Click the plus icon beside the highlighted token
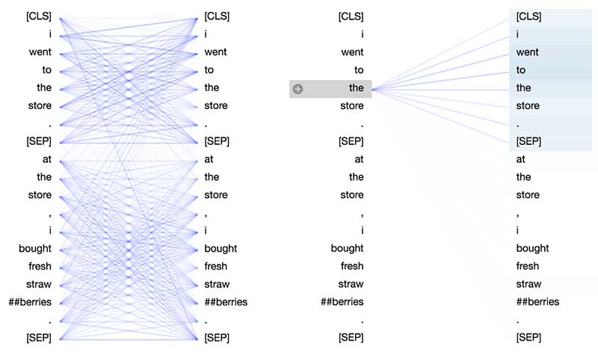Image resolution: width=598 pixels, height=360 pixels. pos(298,89)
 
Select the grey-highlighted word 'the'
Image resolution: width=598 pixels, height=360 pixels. pos(356,88)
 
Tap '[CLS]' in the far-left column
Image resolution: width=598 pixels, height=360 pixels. pos(38,16)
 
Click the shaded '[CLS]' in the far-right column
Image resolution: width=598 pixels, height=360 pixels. pos(528,16)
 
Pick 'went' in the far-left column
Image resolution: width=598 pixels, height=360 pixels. pos(40,52)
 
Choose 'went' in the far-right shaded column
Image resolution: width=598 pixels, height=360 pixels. pos(527,52)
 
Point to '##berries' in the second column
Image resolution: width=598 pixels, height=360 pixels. pos(226,302)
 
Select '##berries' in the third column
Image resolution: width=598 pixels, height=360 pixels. pos(342,302)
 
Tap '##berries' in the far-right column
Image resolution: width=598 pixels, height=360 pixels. pos(537,302)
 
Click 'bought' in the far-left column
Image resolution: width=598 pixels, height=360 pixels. pos(36,249)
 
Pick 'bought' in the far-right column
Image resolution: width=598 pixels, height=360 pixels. pos(532,249)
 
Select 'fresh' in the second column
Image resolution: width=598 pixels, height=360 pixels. pos(216,267)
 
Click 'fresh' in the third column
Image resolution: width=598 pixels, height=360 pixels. pos(352,267)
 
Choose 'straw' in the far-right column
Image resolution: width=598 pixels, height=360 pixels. pos(528,285)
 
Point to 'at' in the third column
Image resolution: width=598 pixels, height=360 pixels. pos(359,159)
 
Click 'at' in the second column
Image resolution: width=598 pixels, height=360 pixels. pos(209,159)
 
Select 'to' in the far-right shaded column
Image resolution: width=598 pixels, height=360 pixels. pos(521,70)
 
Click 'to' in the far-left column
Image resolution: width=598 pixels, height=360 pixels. pos(46,70)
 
